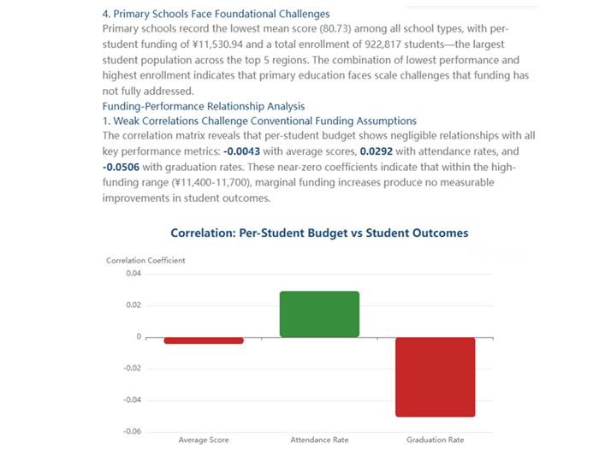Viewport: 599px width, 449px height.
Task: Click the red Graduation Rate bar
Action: tap(435, 376)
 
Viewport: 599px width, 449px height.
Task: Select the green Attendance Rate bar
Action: tap(319, 314)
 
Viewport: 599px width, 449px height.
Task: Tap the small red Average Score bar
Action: tap(204, 340)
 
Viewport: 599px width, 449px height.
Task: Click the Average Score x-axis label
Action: tap(204, 440)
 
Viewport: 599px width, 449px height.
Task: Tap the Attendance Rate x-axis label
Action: tap(319, 440)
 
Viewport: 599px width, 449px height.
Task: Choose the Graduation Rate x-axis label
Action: tap(435, 440)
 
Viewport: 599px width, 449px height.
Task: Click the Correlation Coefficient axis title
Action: tap(145, 260)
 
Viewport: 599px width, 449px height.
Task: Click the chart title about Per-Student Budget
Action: tap(319, 233)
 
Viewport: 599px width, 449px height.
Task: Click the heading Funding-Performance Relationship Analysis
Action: tap(203, 106)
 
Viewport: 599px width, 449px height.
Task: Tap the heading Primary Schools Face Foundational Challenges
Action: tap(216, 15)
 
